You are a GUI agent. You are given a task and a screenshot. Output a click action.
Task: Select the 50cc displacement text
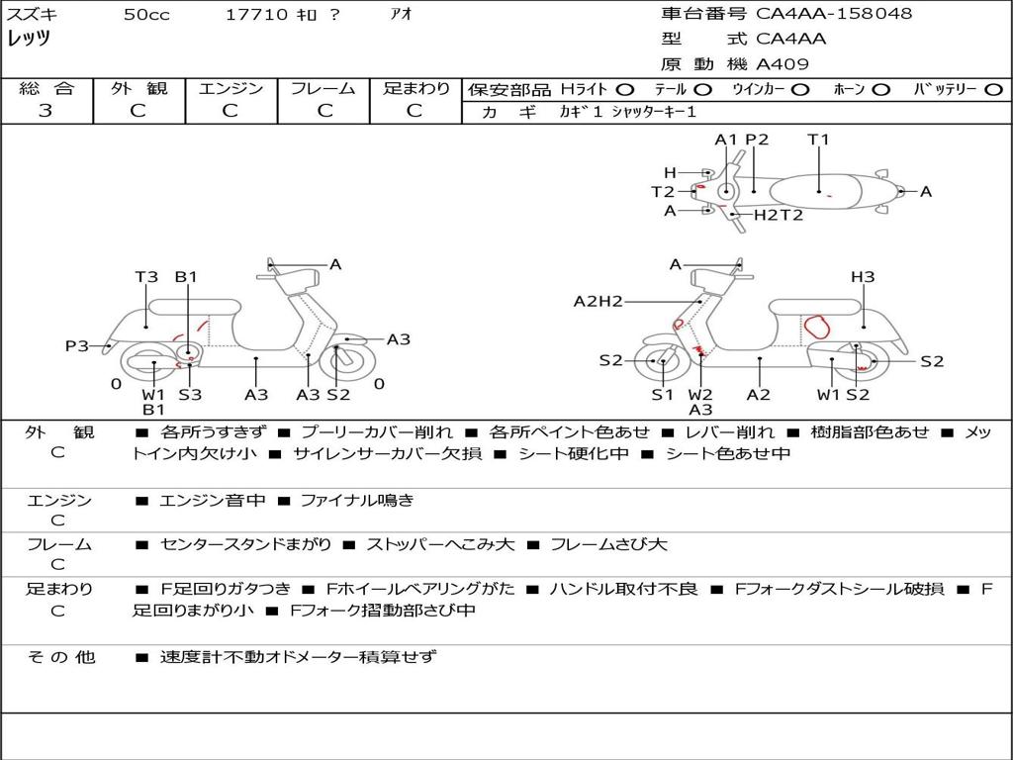pos(145,15)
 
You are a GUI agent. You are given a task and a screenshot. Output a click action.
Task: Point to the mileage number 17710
pos(256,15)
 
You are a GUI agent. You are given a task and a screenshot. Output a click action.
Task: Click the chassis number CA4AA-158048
pos(834,14)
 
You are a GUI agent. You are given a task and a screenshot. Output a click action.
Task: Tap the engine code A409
pos(783,64)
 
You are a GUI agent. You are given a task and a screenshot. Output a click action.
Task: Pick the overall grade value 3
pos(45,111)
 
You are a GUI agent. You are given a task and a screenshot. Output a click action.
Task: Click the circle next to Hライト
pos(624,90)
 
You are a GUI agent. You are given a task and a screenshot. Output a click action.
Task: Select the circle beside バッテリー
pos(993,90)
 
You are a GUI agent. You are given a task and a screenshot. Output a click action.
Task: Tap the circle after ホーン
pos(880,90)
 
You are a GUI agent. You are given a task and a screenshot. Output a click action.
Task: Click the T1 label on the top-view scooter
pos(818,140)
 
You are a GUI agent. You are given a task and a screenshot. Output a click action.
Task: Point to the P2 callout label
pos(757,140)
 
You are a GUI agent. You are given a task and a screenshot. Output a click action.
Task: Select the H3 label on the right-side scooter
pos(863,277)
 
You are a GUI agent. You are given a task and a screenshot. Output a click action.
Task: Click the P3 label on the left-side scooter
pos(77,345)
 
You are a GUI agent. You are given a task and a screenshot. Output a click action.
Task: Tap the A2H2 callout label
pos(599,301)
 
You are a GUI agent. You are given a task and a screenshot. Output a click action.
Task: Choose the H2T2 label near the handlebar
pos(779,214)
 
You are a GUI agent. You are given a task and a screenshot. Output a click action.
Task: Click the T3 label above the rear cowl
pos(146,277)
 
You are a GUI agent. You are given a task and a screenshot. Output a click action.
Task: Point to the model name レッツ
pos(29,39)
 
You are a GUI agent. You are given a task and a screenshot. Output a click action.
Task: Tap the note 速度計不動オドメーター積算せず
pos(297,656)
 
